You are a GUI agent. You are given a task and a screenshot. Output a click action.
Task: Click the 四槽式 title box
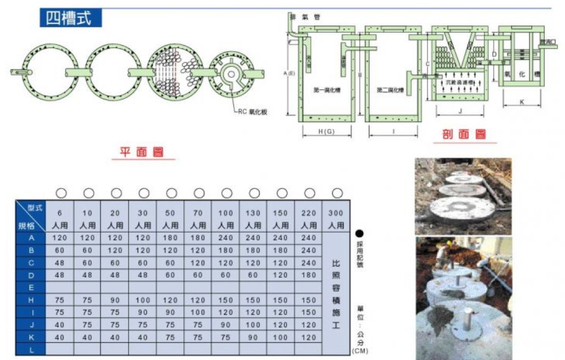coord(70,17)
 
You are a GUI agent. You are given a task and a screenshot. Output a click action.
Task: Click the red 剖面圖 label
coord(464,134)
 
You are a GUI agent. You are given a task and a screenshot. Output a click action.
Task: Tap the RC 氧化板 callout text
coord(253,112)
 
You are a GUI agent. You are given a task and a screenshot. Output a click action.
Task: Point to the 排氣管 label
coord(305,17)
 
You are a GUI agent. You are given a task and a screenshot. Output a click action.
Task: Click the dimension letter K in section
coord(523,103)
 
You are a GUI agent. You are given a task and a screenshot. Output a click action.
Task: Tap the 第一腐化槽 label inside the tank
coord(326,90)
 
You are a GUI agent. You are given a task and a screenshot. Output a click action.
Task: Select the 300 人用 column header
coord(336,219)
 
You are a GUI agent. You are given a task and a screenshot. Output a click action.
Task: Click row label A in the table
coord(31,237)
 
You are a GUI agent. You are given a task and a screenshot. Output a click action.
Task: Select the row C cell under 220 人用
coord(309,263)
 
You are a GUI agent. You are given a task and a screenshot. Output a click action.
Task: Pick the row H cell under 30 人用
coord(143,299)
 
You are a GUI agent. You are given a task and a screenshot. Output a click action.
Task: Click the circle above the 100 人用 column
coord(226,193)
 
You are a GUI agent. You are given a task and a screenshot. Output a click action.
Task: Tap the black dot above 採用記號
coord(359,234)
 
